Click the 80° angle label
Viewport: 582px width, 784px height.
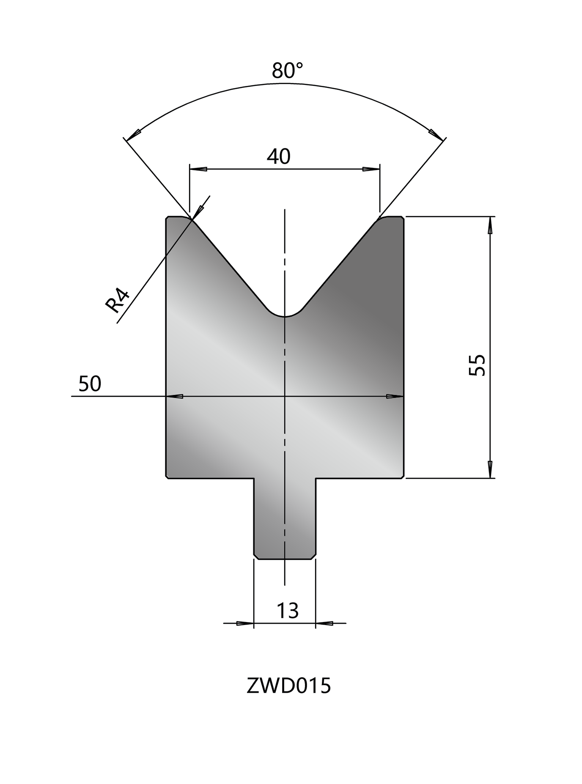(288, 70)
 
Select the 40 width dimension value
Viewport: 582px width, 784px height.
(279, 157)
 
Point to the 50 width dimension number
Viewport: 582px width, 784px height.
(90, 384)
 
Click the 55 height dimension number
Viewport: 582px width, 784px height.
(477, 365)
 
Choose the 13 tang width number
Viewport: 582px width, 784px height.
(288, 611)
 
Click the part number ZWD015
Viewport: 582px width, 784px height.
(288, 686)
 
